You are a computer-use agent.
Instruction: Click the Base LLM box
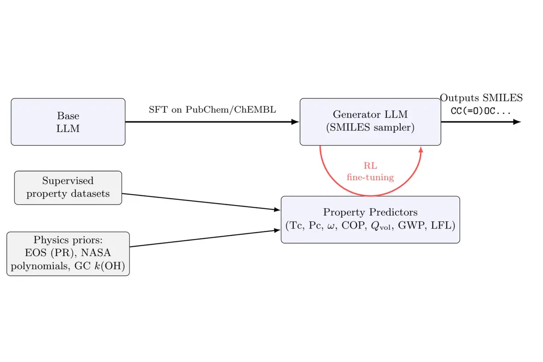tap(68, 122)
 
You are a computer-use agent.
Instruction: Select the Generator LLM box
tap(370, 122)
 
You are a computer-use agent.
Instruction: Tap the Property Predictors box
tap(370, 219)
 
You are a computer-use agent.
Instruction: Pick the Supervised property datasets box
tap(68, 187)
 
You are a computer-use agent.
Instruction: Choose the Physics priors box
tap(68, 254)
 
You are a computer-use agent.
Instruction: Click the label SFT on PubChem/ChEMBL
tap(212, 110)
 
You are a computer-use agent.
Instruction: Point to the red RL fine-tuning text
tap(370, 172)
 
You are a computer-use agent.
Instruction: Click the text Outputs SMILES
tap(481, 98)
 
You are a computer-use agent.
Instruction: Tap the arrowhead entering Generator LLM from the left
tap(295, 122)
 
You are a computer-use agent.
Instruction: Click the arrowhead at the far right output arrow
tap(517, 122)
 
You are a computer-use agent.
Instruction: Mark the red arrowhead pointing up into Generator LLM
tap(421, 150)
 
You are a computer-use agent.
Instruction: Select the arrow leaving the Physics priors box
tap(204, 238)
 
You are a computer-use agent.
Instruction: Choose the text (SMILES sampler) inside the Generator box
tap(370, 128)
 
